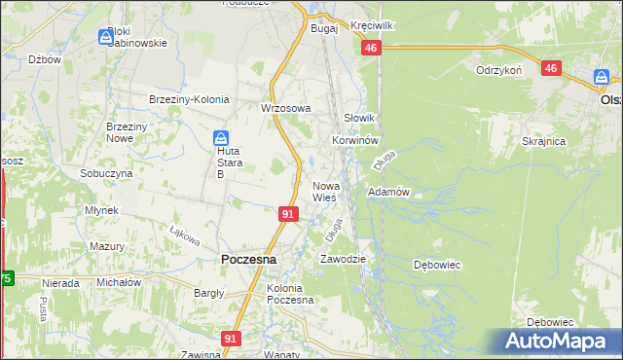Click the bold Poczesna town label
[248, 260]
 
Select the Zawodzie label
[343, 260]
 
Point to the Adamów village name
[387, 193]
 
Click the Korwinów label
[354, 140]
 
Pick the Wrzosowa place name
[285, 108]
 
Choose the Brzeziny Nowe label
[126, 133]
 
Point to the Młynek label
[101, 210]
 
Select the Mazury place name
[107, 247]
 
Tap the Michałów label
[119, 282]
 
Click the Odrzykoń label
[499, 70]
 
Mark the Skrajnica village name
[543, 141]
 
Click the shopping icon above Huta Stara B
[222, 138]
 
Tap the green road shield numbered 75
[6, 278]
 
